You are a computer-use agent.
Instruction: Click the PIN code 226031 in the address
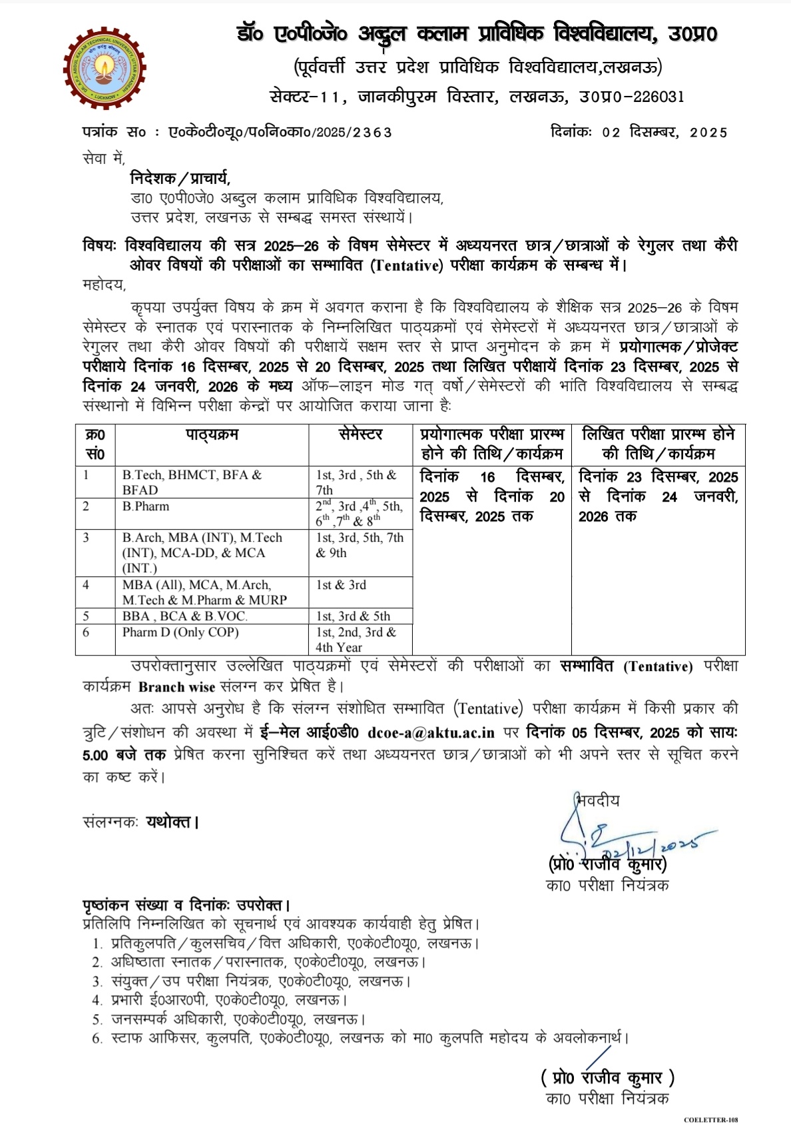pyautogui.click(x=658, y=97)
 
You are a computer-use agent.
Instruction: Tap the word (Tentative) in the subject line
pyautogui.click(x=407, y=265)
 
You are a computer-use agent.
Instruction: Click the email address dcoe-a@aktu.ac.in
pyautogui.click(x=431, y=733)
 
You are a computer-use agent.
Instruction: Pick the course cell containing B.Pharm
pyautogui.click(x=146, y=506)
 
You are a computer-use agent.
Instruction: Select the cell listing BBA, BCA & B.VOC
pyautogui.click(x=184, y=616)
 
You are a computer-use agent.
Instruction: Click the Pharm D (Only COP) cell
pyautogui.click(x=180, y=632)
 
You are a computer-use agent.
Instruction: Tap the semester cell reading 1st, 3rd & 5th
pyautogui.click(x=353, y=616)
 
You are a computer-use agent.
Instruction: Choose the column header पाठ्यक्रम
pyautogui.click(x=212, y=435)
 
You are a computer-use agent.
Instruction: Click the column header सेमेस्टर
pyautogui.click(x=360, y=435)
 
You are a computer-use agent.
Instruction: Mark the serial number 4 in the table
pyautogui.click(x=86, y=585)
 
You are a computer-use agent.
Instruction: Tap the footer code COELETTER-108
pyautogui.click(x=710, y=1120)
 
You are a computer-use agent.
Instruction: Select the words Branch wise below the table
pyautogui.click(x=176, y=687)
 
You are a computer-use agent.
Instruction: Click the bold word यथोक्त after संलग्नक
pyautogui.click(x=169, y=822)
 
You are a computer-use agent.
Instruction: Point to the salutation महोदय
pyautogui.click(x=104, y=284)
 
